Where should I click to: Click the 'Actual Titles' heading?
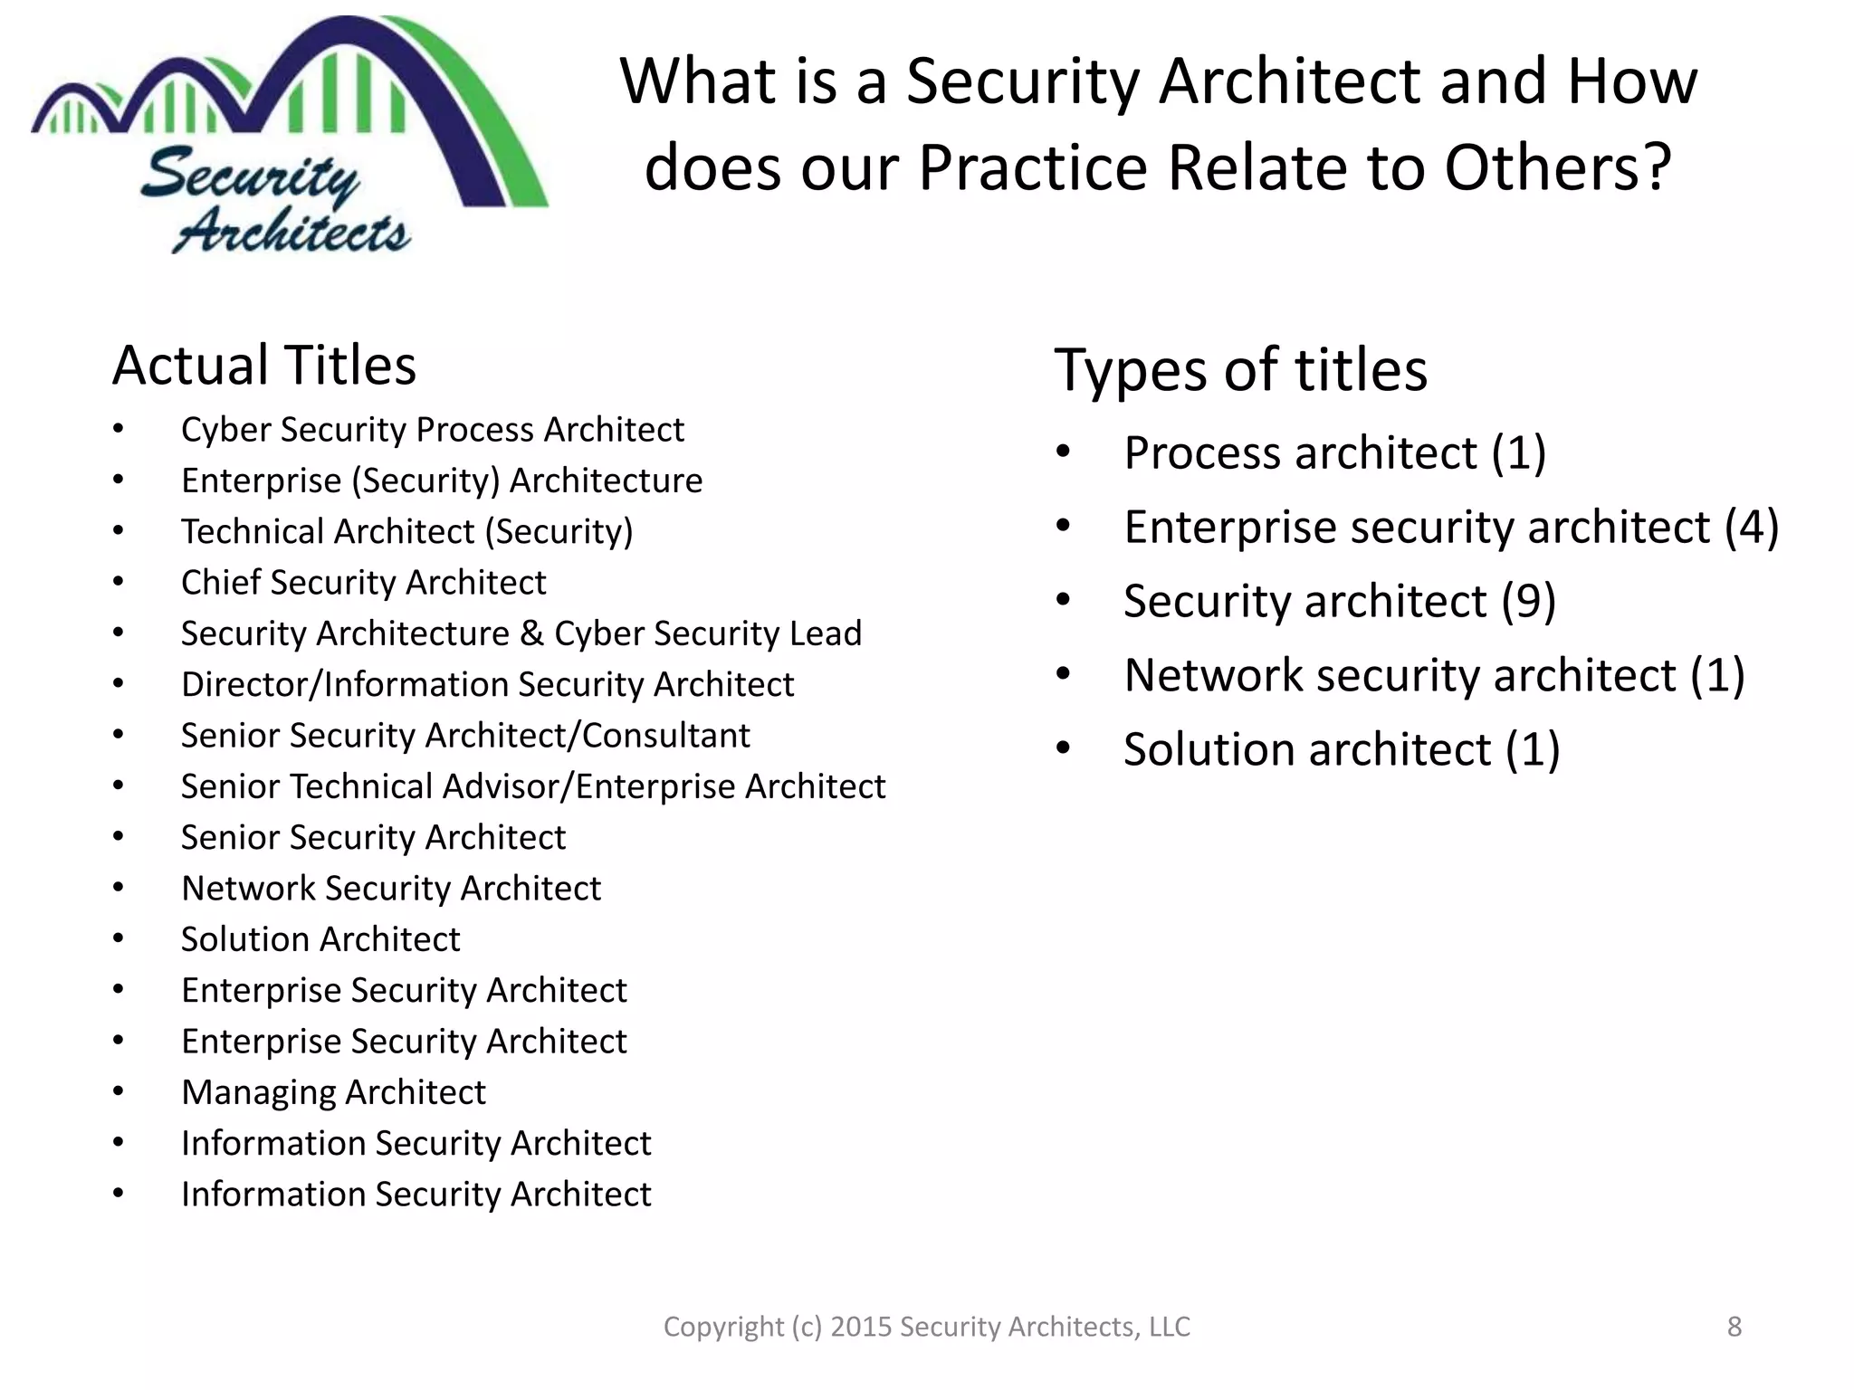(264, 366)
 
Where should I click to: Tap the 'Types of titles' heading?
(1240, 370)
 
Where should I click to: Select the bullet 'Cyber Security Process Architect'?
(432, 430)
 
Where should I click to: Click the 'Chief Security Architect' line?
(363, 583)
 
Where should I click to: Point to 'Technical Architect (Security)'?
(406, 532)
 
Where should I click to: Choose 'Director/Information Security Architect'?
(487, 685)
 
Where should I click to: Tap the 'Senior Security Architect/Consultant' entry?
(465, 736)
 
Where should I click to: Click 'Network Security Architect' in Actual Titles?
(391, 889)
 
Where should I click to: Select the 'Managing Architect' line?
(333, 1093)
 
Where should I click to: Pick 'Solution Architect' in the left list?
(320, 940)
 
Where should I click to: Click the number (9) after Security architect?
(1529, 602)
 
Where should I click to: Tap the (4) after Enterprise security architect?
(1752, 528)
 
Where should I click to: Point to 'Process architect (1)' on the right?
(1334, 453)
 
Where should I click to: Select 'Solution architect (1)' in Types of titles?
(1342, 750)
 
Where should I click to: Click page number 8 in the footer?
(1735, 1327)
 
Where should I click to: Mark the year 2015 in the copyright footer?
(861, 1327)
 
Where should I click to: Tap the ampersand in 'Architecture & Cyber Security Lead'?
(531, 634)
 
